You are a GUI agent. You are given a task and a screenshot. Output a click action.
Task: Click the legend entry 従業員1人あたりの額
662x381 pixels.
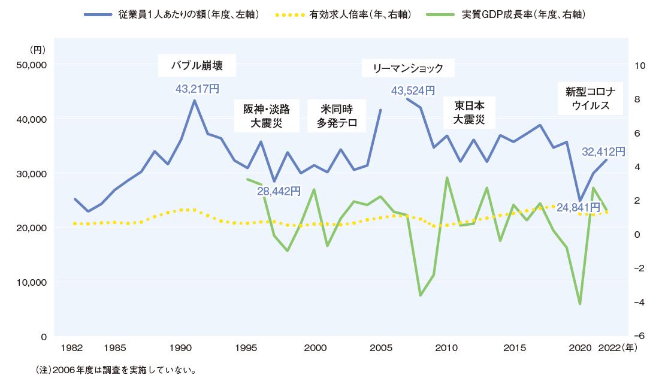pos(189,13)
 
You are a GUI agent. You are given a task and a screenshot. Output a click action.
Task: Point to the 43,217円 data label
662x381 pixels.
pos(197,89)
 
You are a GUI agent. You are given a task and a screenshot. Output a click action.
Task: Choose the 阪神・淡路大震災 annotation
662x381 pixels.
pos(266,116)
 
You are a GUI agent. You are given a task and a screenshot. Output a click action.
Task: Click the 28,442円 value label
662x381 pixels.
pos(279,191)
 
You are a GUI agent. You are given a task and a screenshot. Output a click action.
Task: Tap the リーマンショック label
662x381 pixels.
pos(408,68)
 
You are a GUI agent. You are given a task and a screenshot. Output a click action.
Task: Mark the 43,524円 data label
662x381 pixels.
pos(412,91)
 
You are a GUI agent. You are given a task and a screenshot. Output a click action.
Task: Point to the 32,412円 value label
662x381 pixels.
pos(603,152)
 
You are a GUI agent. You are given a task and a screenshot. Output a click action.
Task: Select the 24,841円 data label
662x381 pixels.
pos(578,207)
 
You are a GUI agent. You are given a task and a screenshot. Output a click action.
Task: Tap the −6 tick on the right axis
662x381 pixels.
pos(639,336)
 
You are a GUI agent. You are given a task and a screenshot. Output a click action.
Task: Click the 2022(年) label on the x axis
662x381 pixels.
pos(618,347)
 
